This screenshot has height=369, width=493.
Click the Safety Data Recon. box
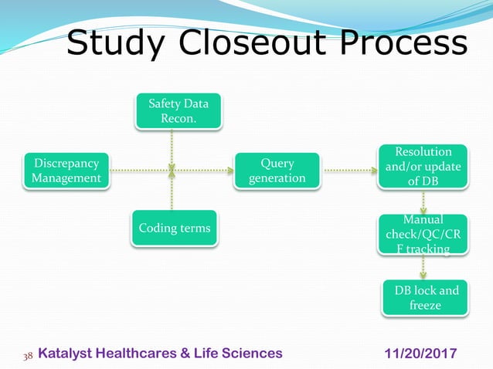[178, 110]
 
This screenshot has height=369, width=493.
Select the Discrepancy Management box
[66, 171]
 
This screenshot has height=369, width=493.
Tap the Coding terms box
[174, 229]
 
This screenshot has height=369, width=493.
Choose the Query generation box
[277, 171]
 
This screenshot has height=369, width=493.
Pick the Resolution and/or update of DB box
[423, 165]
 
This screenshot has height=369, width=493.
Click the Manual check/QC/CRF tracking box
[423, 235]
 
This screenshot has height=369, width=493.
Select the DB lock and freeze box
[425, 298]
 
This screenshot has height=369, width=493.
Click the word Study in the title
[117, 43]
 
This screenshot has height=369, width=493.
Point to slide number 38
[28, 354]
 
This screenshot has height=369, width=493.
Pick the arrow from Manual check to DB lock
[423, 267]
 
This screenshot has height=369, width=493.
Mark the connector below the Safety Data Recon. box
[172, 147]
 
